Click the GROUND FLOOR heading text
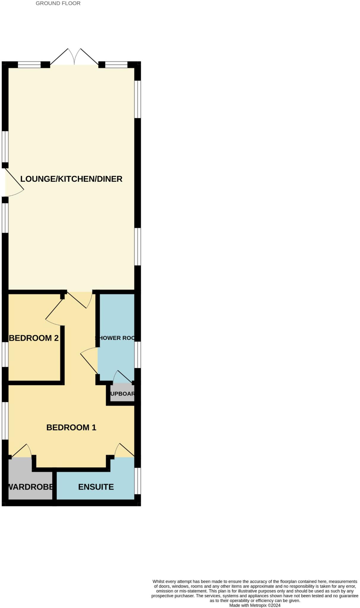(58, 4)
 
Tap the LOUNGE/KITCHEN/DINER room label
(71, 179)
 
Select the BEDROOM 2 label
(34, 338)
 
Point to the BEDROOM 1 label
(71, 427)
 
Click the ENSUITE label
(96, 487)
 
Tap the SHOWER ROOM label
(115, 338)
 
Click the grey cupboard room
(122, 394)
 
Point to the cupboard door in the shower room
(122, 376)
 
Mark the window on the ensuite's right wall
(138, 481)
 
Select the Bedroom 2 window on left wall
(5, 354)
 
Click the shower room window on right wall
(138, 355)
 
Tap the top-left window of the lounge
(29, 64)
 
